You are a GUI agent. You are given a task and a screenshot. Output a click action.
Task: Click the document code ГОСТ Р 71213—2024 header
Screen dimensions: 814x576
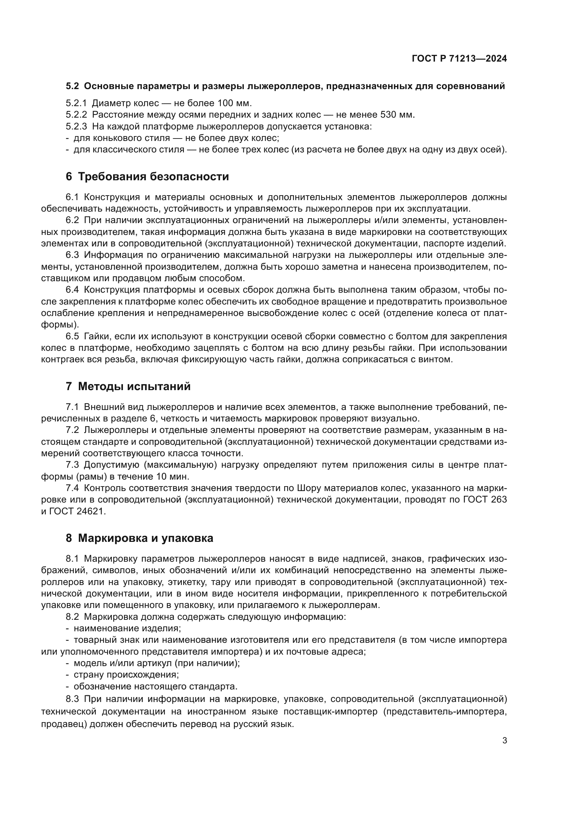[459, 58]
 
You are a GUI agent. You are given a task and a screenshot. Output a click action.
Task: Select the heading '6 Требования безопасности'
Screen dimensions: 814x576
[147, 176]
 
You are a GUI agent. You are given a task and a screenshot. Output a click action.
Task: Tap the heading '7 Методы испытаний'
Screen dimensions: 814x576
[128, 386]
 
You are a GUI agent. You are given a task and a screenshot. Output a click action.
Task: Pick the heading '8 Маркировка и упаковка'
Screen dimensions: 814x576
[139, 538]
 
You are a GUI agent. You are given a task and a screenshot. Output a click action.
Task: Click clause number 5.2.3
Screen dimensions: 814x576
[76, 127]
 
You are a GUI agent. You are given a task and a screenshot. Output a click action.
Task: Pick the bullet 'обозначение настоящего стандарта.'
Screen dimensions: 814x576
[155, 686]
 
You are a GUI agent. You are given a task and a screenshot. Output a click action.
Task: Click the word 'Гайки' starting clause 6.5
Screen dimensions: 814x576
[95, 336]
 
